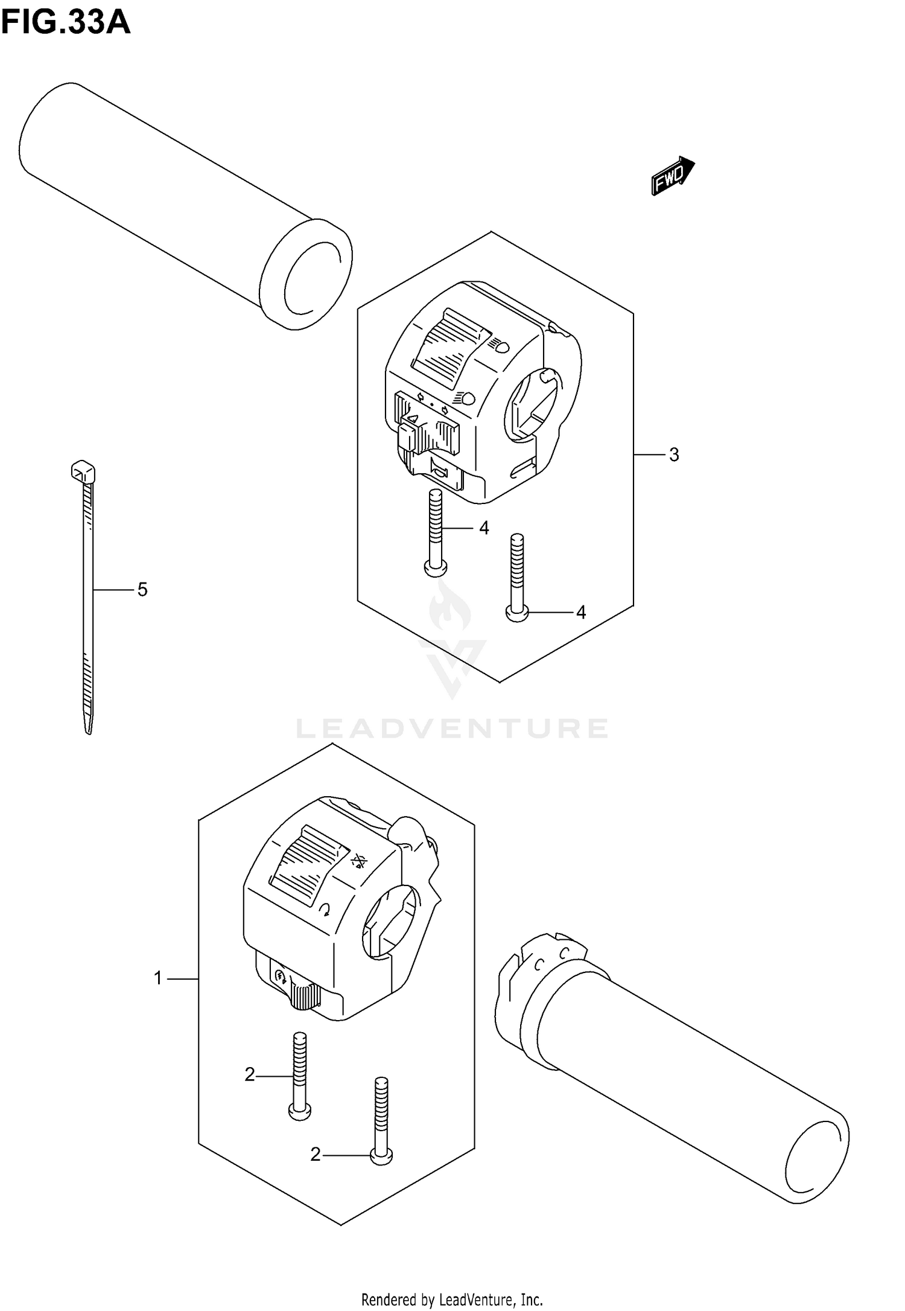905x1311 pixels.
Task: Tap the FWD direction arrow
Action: coord(673,176)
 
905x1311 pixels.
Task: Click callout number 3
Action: coord(674,455)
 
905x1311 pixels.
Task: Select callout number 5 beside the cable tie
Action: coord(142,589)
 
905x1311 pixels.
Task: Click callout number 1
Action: coord(158,978)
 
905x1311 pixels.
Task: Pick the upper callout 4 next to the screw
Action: coord(484,528)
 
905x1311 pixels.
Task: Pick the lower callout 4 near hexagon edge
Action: coord(580,613)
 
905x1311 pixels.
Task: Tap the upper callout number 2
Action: coord(250,1075)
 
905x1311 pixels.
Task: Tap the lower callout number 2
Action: coord(315,1155)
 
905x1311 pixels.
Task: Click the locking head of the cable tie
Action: coord(83,471)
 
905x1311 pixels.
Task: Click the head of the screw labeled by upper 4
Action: coord(436,567)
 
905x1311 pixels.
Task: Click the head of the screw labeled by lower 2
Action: coord(381,1156)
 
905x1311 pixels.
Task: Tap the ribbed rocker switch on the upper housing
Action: coord(449,350)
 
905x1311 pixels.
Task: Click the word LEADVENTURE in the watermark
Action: coord(451,729)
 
